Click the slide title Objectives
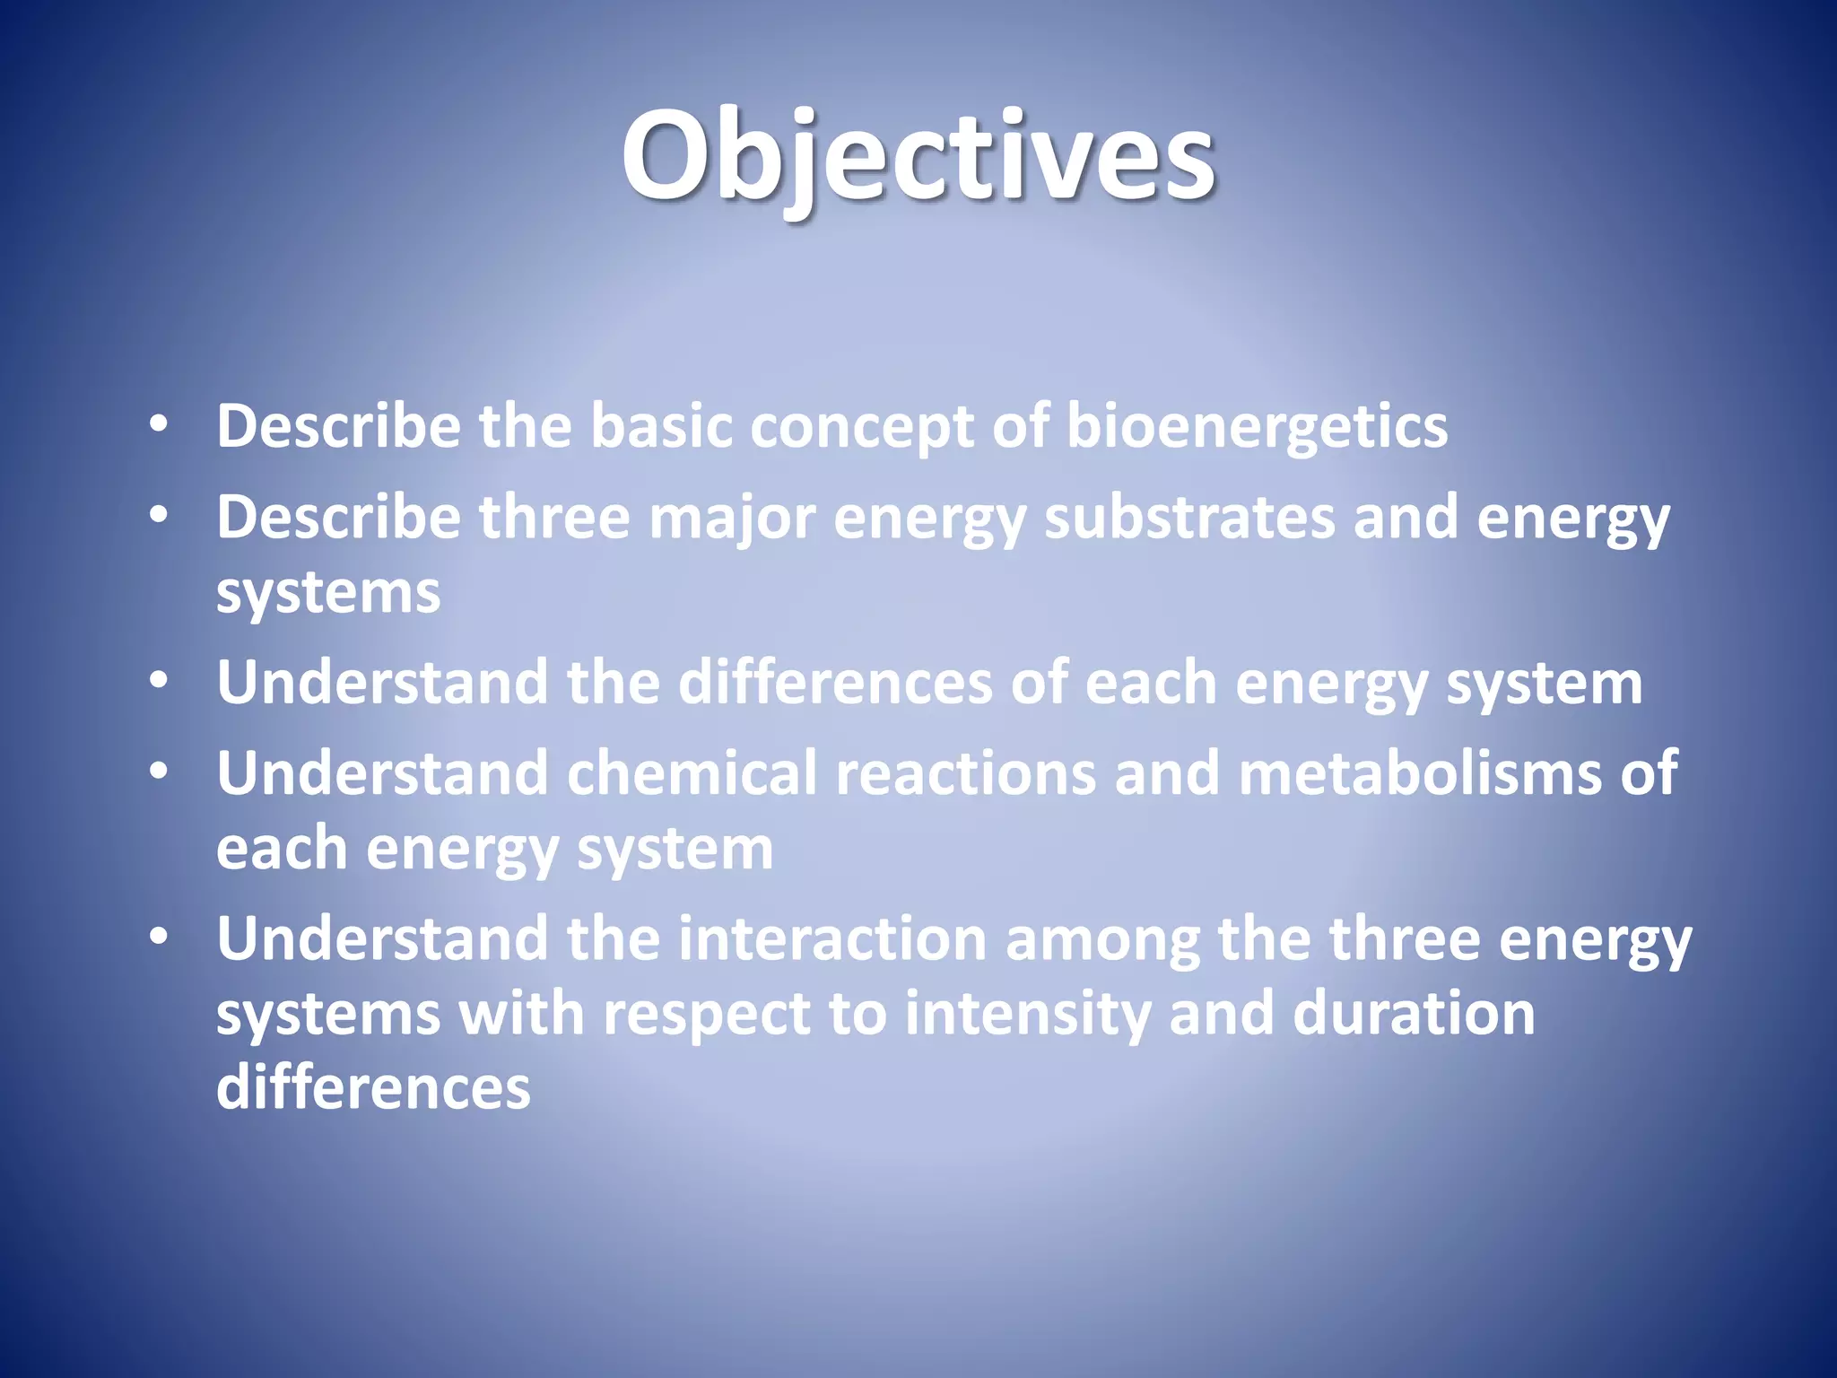click(918, 157)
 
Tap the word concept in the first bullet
click(861, 427)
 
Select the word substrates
click(1189, 519)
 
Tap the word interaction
click(832, 939)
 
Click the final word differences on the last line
click(373, 1087)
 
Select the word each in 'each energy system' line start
click(282, 849)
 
